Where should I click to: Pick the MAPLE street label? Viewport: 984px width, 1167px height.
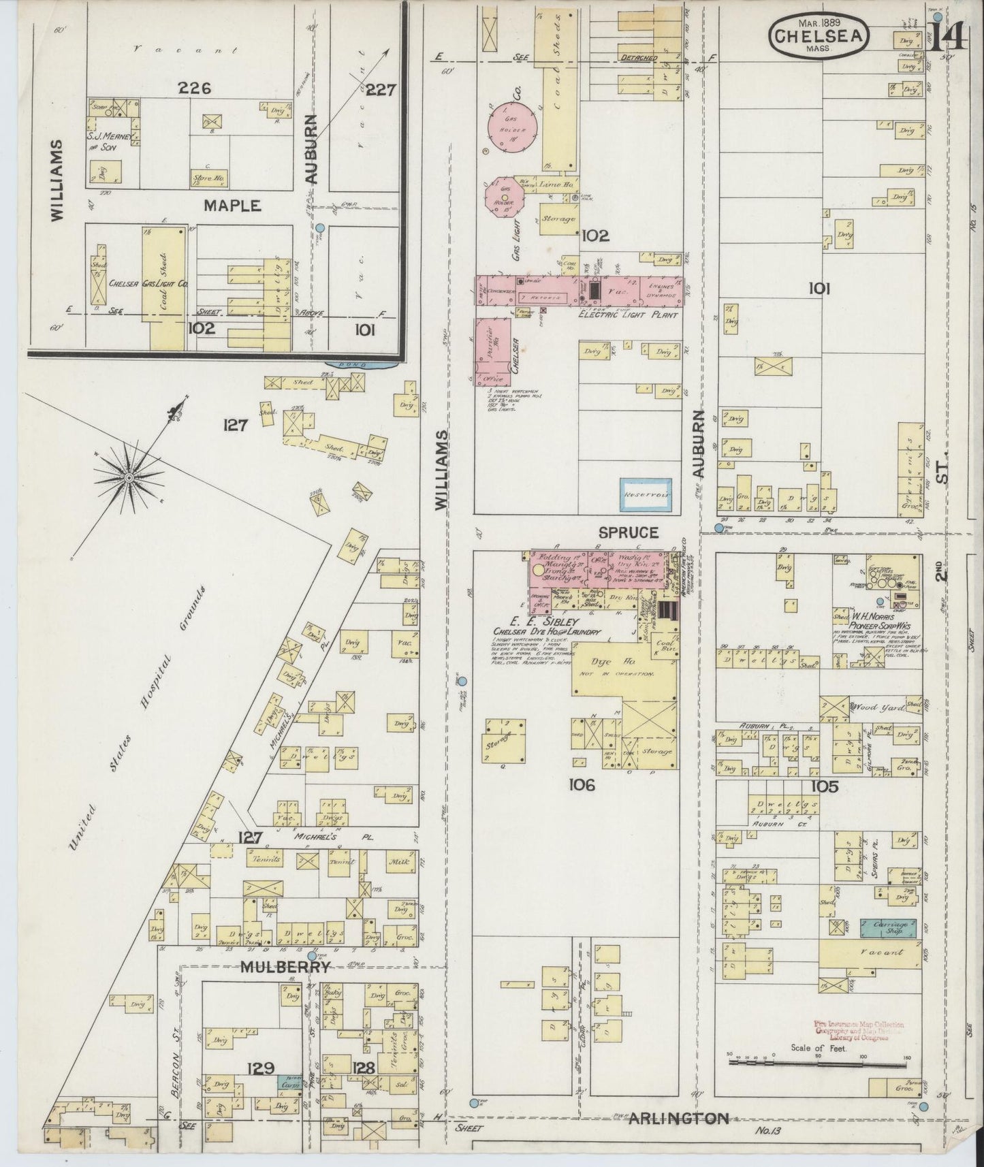(232, 205)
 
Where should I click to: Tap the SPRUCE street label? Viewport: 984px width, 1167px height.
(629, 532)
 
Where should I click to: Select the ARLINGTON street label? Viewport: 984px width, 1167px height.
(678, 1118)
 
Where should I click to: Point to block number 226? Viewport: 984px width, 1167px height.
(195, 88)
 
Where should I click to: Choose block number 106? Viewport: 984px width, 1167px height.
(584, 785)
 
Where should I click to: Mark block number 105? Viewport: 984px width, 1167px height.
(824, 787)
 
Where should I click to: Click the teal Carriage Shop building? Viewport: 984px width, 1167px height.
(888, 927)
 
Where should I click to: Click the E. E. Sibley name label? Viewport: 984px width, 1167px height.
(547, 622)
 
